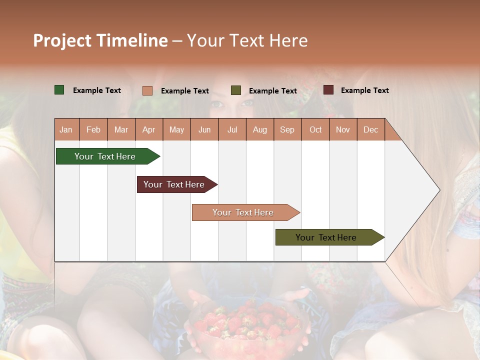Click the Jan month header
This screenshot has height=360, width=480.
(x=66, y=130)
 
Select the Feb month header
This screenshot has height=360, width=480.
(x=93, y=130)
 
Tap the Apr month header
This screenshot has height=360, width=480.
(x=148, y=130)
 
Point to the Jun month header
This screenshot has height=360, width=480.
(x=204, y=130)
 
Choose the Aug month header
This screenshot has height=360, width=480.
(x=259, y=130)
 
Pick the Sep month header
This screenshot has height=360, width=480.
(x=287, y=130)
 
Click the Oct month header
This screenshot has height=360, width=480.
(x=315, y=130)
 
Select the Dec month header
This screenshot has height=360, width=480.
(x=370, y=130)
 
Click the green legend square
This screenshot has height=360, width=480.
(x=59, y=90)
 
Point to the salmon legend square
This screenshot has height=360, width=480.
(x=147, y=90)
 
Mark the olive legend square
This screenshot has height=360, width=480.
(x=236, y=90)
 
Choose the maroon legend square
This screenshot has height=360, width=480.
(x=328, y=90)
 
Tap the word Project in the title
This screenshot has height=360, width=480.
(x=62, y=40)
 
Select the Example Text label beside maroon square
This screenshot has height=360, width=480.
(x=364, y=90)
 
